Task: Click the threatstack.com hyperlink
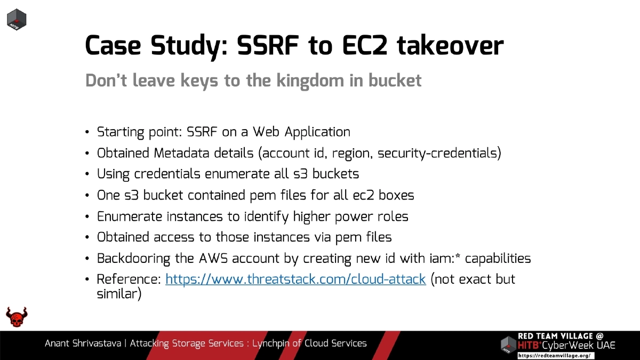tap(295, 279)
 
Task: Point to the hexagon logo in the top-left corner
tap(17, 20)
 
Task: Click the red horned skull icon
tap(17, 317)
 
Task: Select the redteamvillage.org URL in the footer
tap(555, 355)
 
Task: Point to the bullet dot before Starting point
tap(87, 132)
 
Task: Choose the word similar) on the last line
tap(119, 294)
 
